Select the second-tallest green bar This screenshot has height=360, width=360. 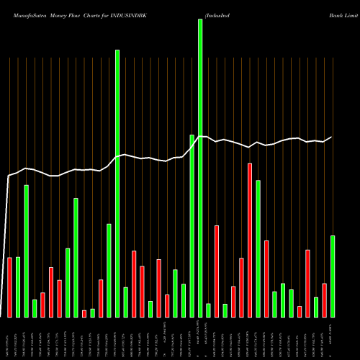(117, 184)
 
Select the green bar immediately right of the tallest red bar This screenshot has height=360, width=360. (258, 248)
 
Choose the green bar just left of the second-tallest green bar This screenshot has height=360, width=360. (109, 270)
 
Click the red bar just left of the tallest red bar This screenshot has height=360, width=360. (242, 287)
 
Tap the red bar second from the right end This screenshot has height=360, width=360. (324, 300)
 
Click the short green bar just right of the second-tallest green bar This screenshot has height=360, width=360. (126, 302)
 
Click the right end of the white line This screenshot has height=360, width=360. (332, 137)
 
